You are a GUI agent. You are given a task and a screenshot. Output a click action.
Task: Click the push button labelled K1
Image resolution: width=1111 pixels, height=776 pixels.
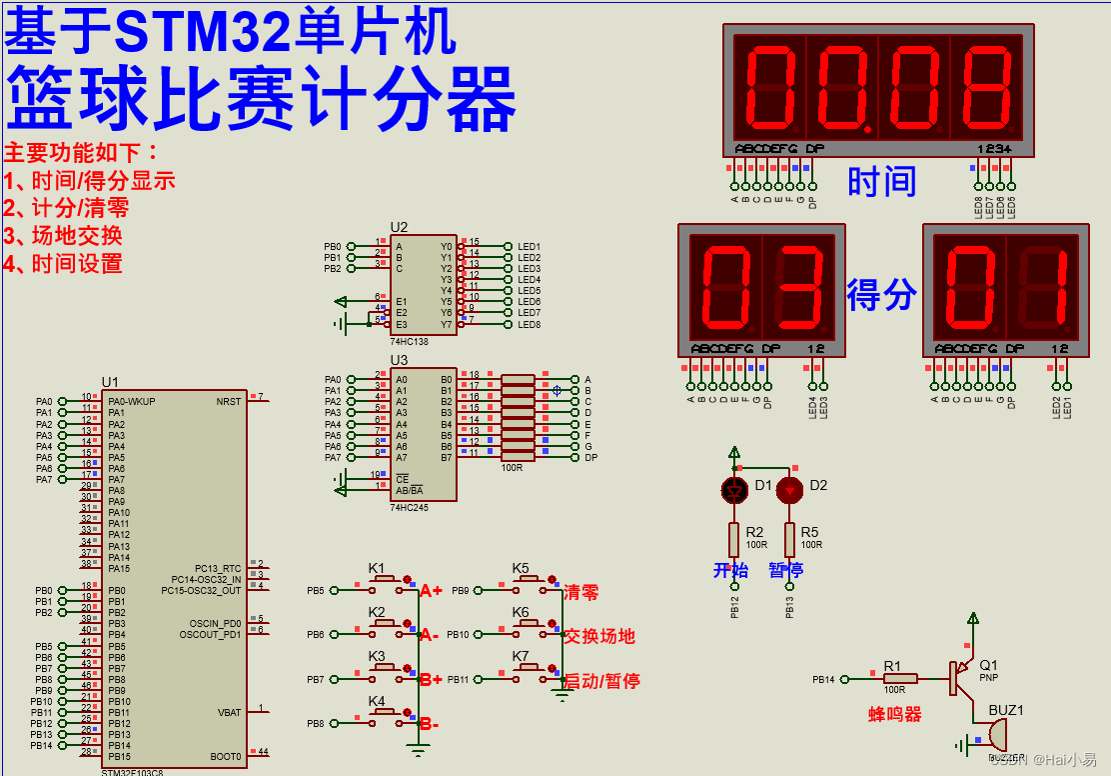(x=384, y=580)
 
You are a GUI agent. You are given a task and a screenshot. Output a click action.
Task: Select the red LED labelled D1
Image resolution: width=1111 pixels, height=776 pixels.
(x=734, y=489)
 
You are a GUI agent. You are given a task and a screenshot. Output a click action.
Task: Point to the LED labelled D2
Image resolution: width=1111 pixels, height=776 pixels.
(x=789, y=489)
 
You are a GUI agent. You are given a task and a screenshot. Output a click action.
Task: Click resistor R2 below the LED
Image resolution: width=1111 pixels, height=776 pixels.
(x=734, y=540)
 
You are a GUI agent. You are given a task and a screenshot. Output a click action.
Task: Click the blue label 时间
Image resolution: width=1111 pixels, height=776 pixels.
(x=881, y=182)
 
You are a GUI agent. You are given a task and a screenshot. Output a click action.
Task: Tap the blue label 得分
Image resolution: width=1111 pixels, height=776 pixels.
(x=881, y=295)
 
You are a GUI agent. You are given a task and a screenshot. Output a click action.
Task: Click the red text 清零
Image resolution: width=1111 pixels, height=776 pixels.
(x=581, y=592)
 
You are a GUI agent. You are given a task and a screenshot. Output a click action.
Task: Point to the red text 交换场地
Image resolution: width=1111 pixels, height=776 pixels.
(x=599, y=636)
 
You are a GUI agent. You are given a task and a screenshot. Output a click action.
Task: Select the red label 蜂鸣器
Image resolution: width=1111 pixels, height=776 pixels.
(x=894, y=714)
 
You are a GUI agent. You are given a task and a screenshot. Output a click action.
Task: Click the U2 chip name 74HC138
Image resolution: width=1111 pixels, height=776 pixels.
(x=409, y=340)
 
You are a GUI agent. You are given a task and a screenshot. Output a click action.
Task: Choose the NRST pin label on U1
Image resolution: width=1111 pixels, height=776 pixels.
(x=229, y=401)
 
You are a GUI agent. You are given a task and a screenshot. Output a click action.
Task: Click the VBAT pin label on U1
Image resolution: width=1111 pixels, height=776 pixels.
(x=230, y=712)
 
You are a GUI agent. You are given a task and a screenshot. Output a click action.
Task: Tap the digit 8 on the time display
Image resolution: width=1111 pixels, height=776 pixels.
(x=984, y=87)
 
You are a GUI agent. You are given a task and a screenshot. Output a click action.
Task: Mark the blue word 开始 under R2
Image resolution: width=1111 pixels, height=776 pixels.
(x=730, y=570)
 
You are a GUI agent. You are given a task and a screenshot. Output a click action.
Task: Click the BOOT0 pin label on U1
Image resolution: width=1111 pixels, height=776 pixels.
(x=226, y=756)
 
